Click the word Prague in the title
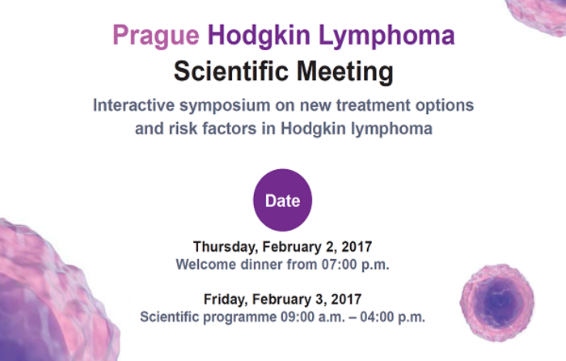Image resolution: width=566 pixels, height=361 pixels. [x=156, y=36]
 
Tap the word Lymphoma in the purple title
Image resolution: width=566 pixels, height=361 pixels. [x=386, y=36]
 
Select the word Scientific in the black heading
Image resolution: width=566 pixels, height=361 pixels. [x=231, y=71]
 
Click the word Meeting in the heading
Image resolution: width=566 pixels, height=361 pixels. [x=345, y=72]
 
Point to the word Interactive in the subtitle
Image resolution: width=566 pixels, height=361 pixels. [x=134, y=105]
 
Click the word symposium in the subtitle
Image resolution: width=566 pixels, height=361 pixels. [x=225, y=106]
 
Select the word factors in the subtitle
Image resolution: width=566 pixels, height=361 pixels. [x=229, y=129]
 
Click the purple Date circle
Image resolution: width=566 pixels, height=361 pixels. [x=283, y=200]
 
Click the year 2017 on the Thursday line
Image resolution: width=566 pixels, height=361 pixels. [x=357, y=247]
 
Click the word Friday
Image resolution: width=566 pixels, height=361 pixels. [x=226, y=299]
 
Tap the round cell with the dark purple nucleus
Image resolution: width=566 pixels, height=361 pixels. [x=497, y=303]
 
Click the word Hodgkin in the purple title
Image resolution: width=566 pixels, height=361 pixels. [x=259, y=36]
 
